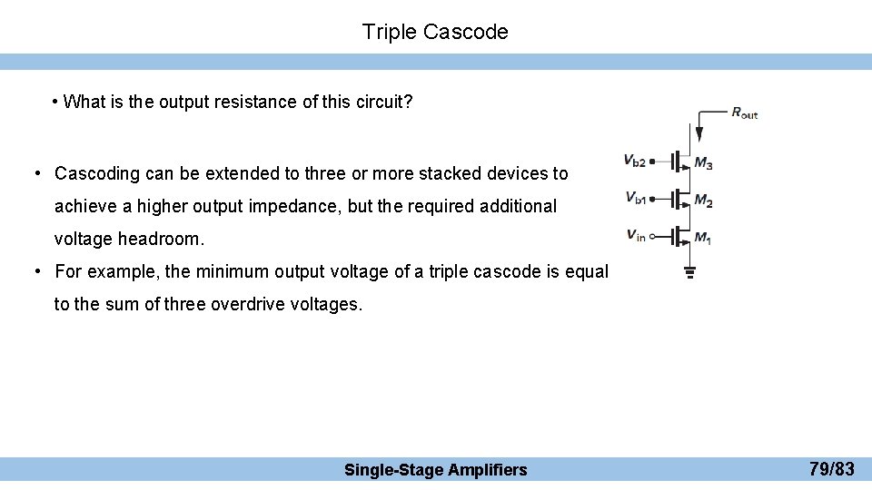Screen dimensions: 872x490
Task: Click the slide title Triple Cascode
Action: coord(435,32)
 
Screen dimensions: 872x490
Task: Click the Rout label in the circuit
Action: coord(744,113)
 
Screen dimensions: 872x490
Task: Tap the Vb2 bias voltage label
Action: coord(634,161)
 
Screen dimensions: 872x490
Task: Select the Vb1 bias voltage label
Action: coord(635,197)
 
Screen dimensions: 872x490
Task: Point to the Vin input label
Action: coord(636,235)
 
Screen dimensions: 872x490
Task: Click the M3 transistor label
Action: coord(703,163)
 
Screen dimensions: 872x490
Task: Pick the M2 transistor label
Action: coord(703,201)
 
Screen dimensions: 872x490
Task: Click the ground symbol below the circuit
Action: coord(689,269)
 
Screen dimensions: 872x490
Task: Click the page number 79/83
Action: coord(831,469)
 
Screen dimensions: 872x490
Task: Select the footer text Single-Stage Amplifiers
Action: coord(435,469)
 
